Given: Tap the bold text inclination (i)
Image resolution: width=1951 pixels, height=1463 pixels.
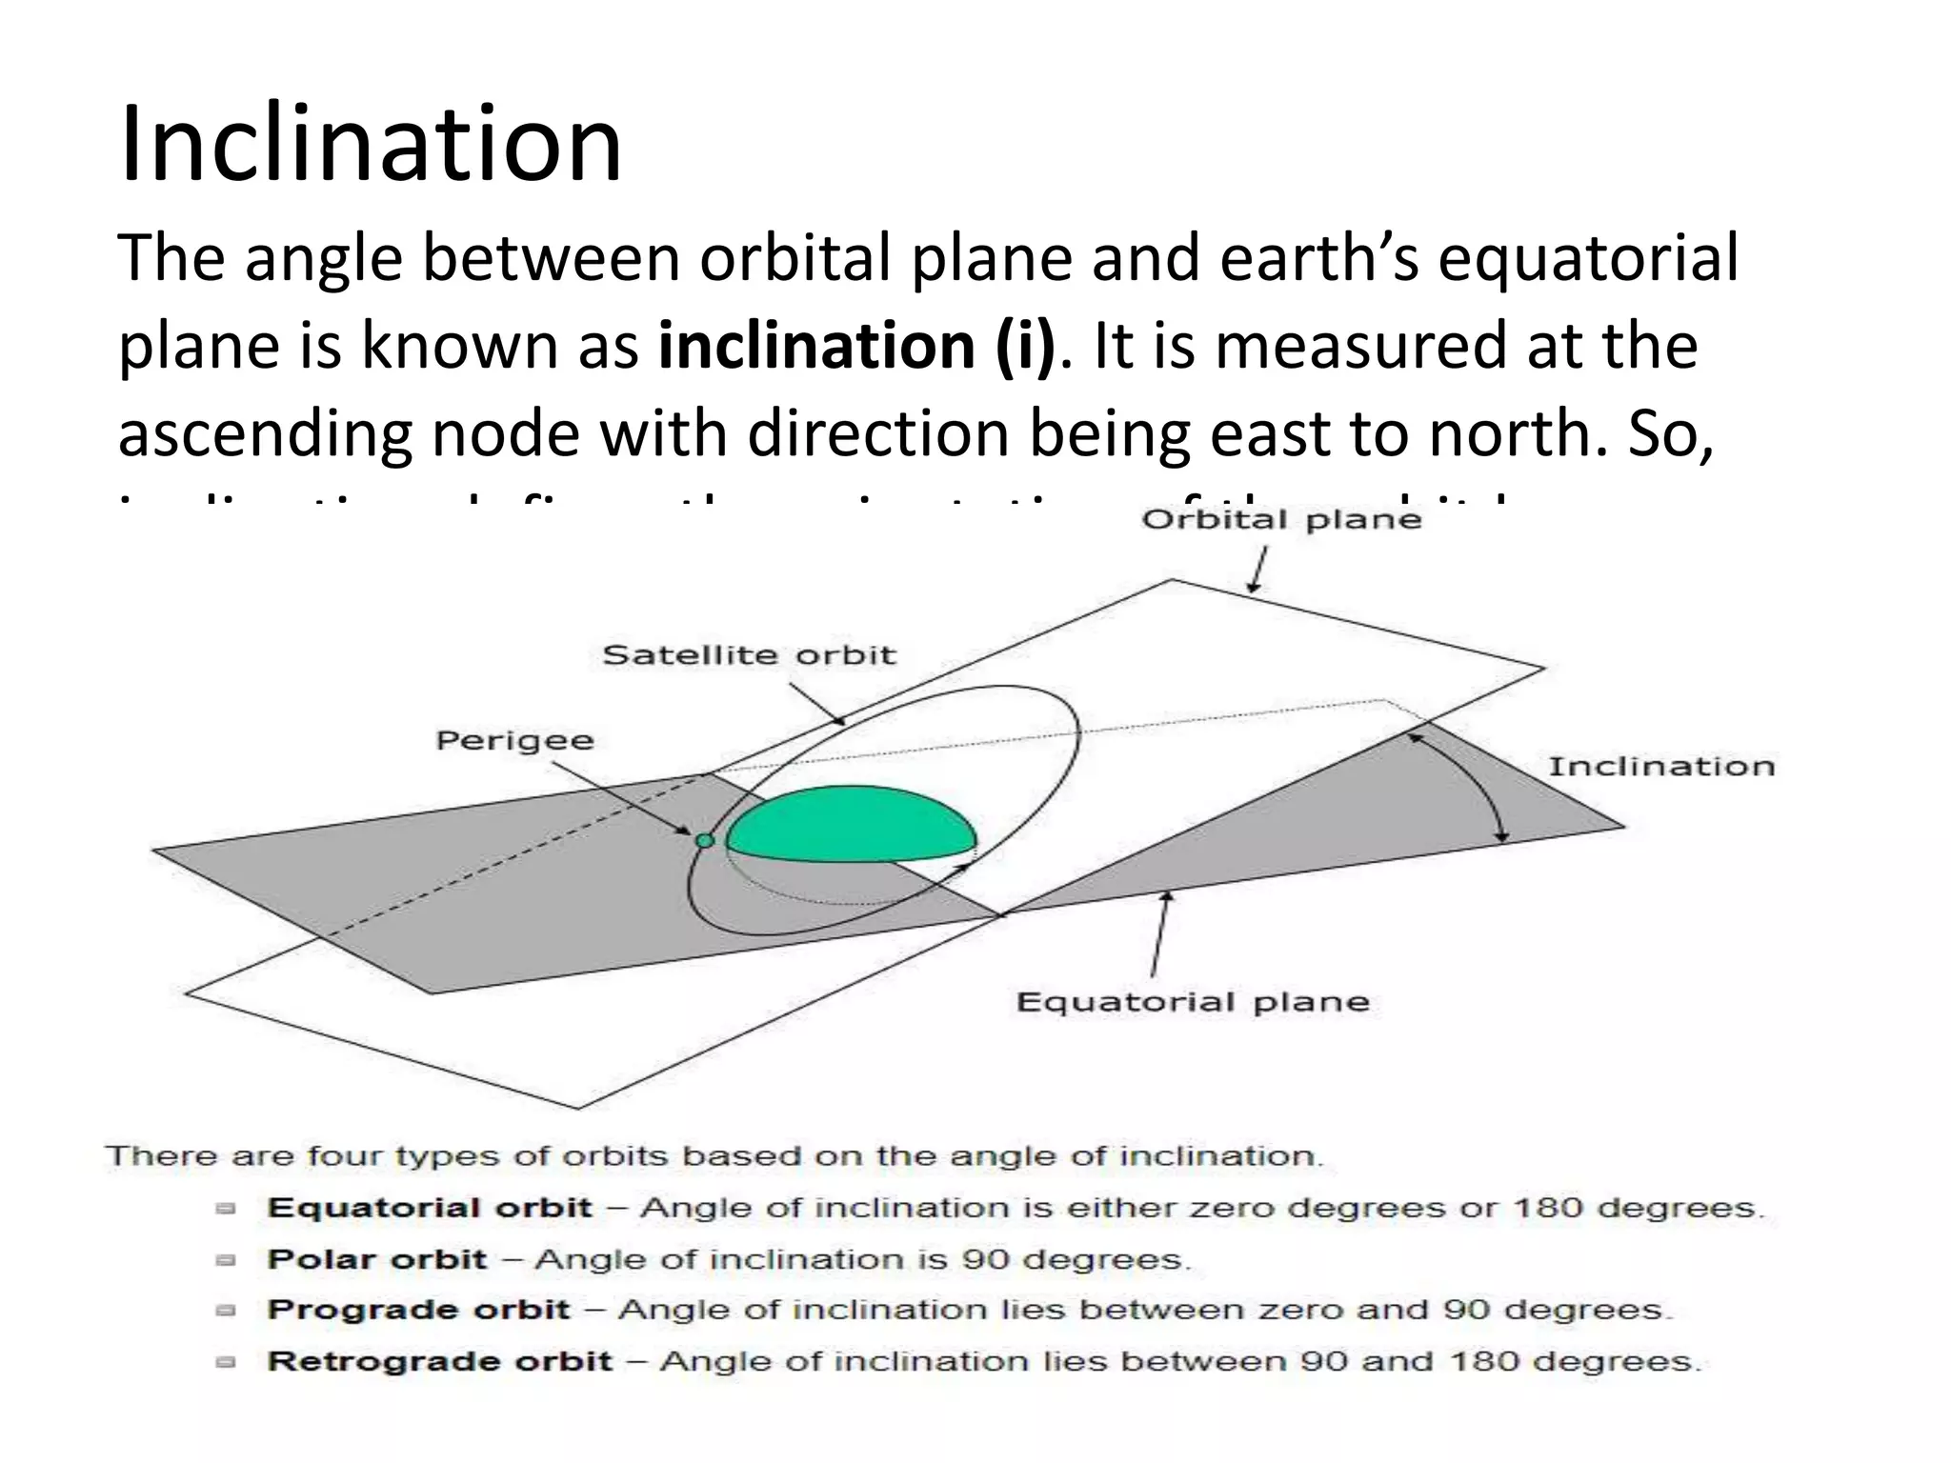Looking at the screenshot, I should click(x=856, y=346).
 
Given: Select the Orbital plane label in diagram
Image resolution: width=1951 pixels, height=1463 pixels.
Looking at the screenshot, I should click(x=1280, y=520).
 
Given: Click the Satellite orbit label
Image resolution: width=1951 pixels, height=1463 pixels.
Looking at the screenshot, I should click(x=749, y=655).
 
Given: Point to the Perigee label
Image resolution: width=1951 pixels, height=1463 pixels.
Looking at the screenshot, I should click(x=514, y=741).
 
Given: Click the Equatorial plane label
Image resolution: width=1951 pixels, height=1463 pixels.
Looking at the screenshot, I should click(x=1192, y=1002).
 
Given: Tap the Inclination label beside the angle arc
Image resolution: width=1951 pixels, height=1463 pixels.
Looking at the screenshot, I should click(x=1660, y=767).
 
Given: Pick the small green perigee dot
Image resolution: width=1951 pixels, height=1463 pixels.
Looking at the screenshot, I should click(x=704, y=840).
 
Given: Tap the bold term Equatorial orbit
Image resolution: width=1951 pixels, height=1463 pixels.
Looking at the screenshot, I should click(x=430, y=1208).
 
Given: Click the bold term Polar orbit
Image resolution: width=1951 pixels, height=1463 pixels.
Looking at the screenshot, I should click(x=377, y=1259).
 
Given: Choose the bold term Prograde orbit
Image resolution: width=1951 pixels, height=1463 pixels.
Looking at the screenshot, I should click(x=418, y=1310).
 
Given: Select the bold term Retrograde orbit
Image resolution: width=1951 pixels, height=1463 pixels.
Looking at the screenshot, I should click(x=439, y=1361).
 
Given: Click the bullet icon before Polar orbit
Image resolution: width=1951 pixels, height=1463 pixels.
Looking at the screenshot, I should click(x=226, y=1260).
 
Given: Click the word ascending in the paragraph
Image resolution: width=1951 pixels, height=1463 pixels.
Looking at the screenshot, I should click(x=265, y=433).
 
